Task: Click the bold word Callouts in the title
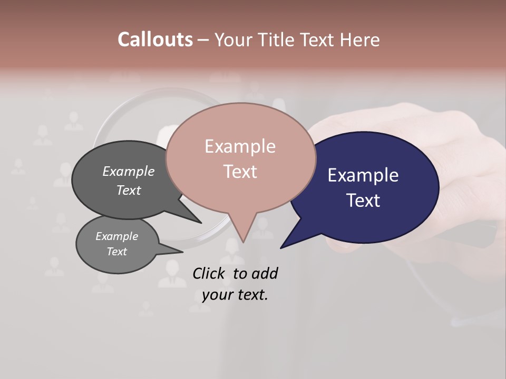[155, 39]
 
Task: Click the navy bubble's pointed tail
[285, 245]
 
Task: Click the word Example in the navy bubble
[363, 175]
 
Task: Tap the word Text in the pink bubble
[240, 172]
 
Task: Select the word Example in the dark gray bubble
[129, 172]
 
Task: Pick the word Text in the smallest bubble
[117, 252]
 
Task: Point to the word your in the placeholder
[217, 295]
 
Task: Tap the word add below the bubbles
[264, 273]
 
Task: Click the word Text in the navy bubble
[364, 201]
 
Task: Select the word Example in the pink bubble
[240, 146]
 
